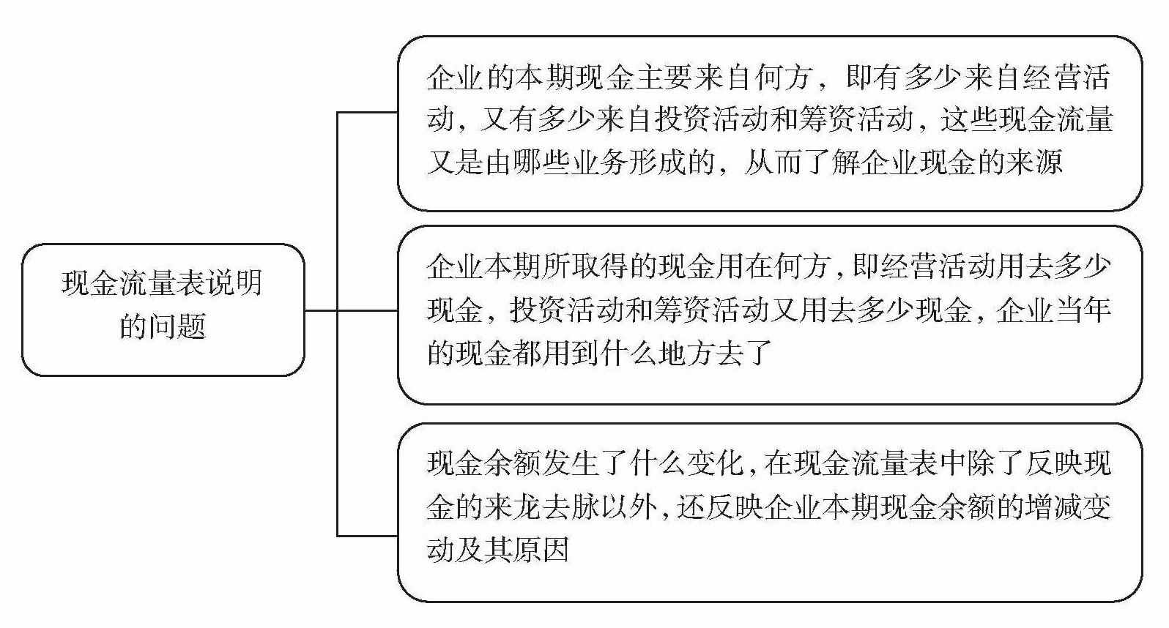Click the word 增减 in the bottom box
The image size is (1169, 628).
[1054, 506]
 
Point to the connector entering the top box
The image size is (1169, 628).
[367, 113]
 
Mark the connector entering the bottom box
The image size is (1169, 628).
[367, 536]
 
